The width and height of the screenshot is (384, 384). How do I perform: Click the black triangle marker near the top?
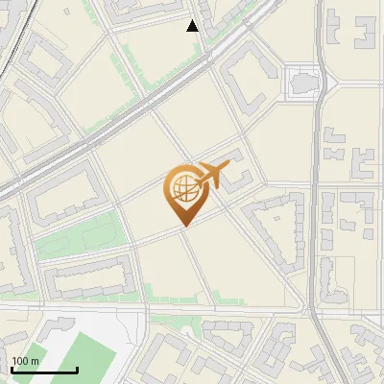(193, 26)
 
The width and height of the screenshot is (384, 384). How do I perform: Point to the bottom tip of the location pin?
(184, 228)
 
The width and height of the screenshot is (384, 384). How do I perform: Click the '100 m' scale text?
(25, 361)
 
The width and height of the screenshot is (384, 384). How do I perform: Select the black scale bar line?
(44, 371)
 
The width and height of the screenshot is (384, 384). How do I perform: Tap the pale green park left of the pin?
(82, 235)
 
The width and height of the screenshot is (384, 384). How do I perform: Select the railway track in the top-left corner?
(11, 38)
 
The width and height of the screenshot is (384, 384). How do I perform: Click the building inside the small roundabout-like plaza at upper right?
(303, 82)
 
